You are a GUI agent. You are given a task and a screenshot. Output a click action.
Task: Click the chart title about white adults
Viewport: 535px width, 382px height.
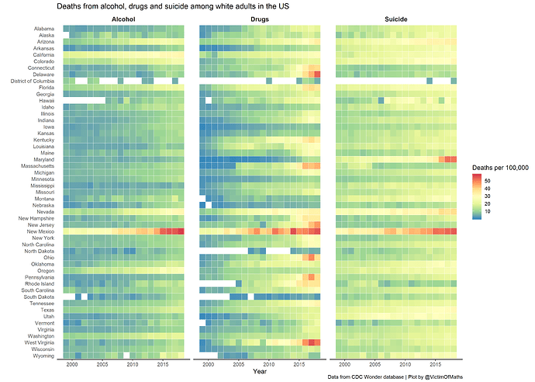point(173,6)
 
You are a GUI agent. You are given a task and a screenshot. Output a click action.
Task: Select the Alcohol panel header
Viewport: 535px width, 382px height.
point(123,19)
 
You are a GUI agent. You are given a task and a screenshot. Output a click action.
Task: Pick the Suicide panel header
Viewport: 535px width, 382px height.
point(396,19)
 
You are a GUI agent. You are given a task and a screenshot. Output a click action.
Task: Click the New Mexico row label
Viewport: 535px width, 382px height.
point(39,231)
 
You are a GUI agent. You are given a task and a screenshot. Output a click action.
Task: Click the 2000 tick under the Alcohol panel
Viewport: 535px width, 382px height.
point(72,364)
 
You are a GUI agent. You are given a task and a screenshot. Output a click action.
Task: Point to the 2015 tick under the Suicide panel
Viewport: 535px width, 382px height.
point(436,364)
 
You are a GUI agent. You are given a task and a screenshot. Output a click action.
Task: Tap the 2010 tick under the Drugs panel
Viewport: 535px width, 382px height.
point(269,364)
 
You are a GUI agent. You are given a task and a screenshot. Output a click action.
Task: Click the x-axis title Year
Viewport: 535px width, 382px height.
point(261,372)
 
